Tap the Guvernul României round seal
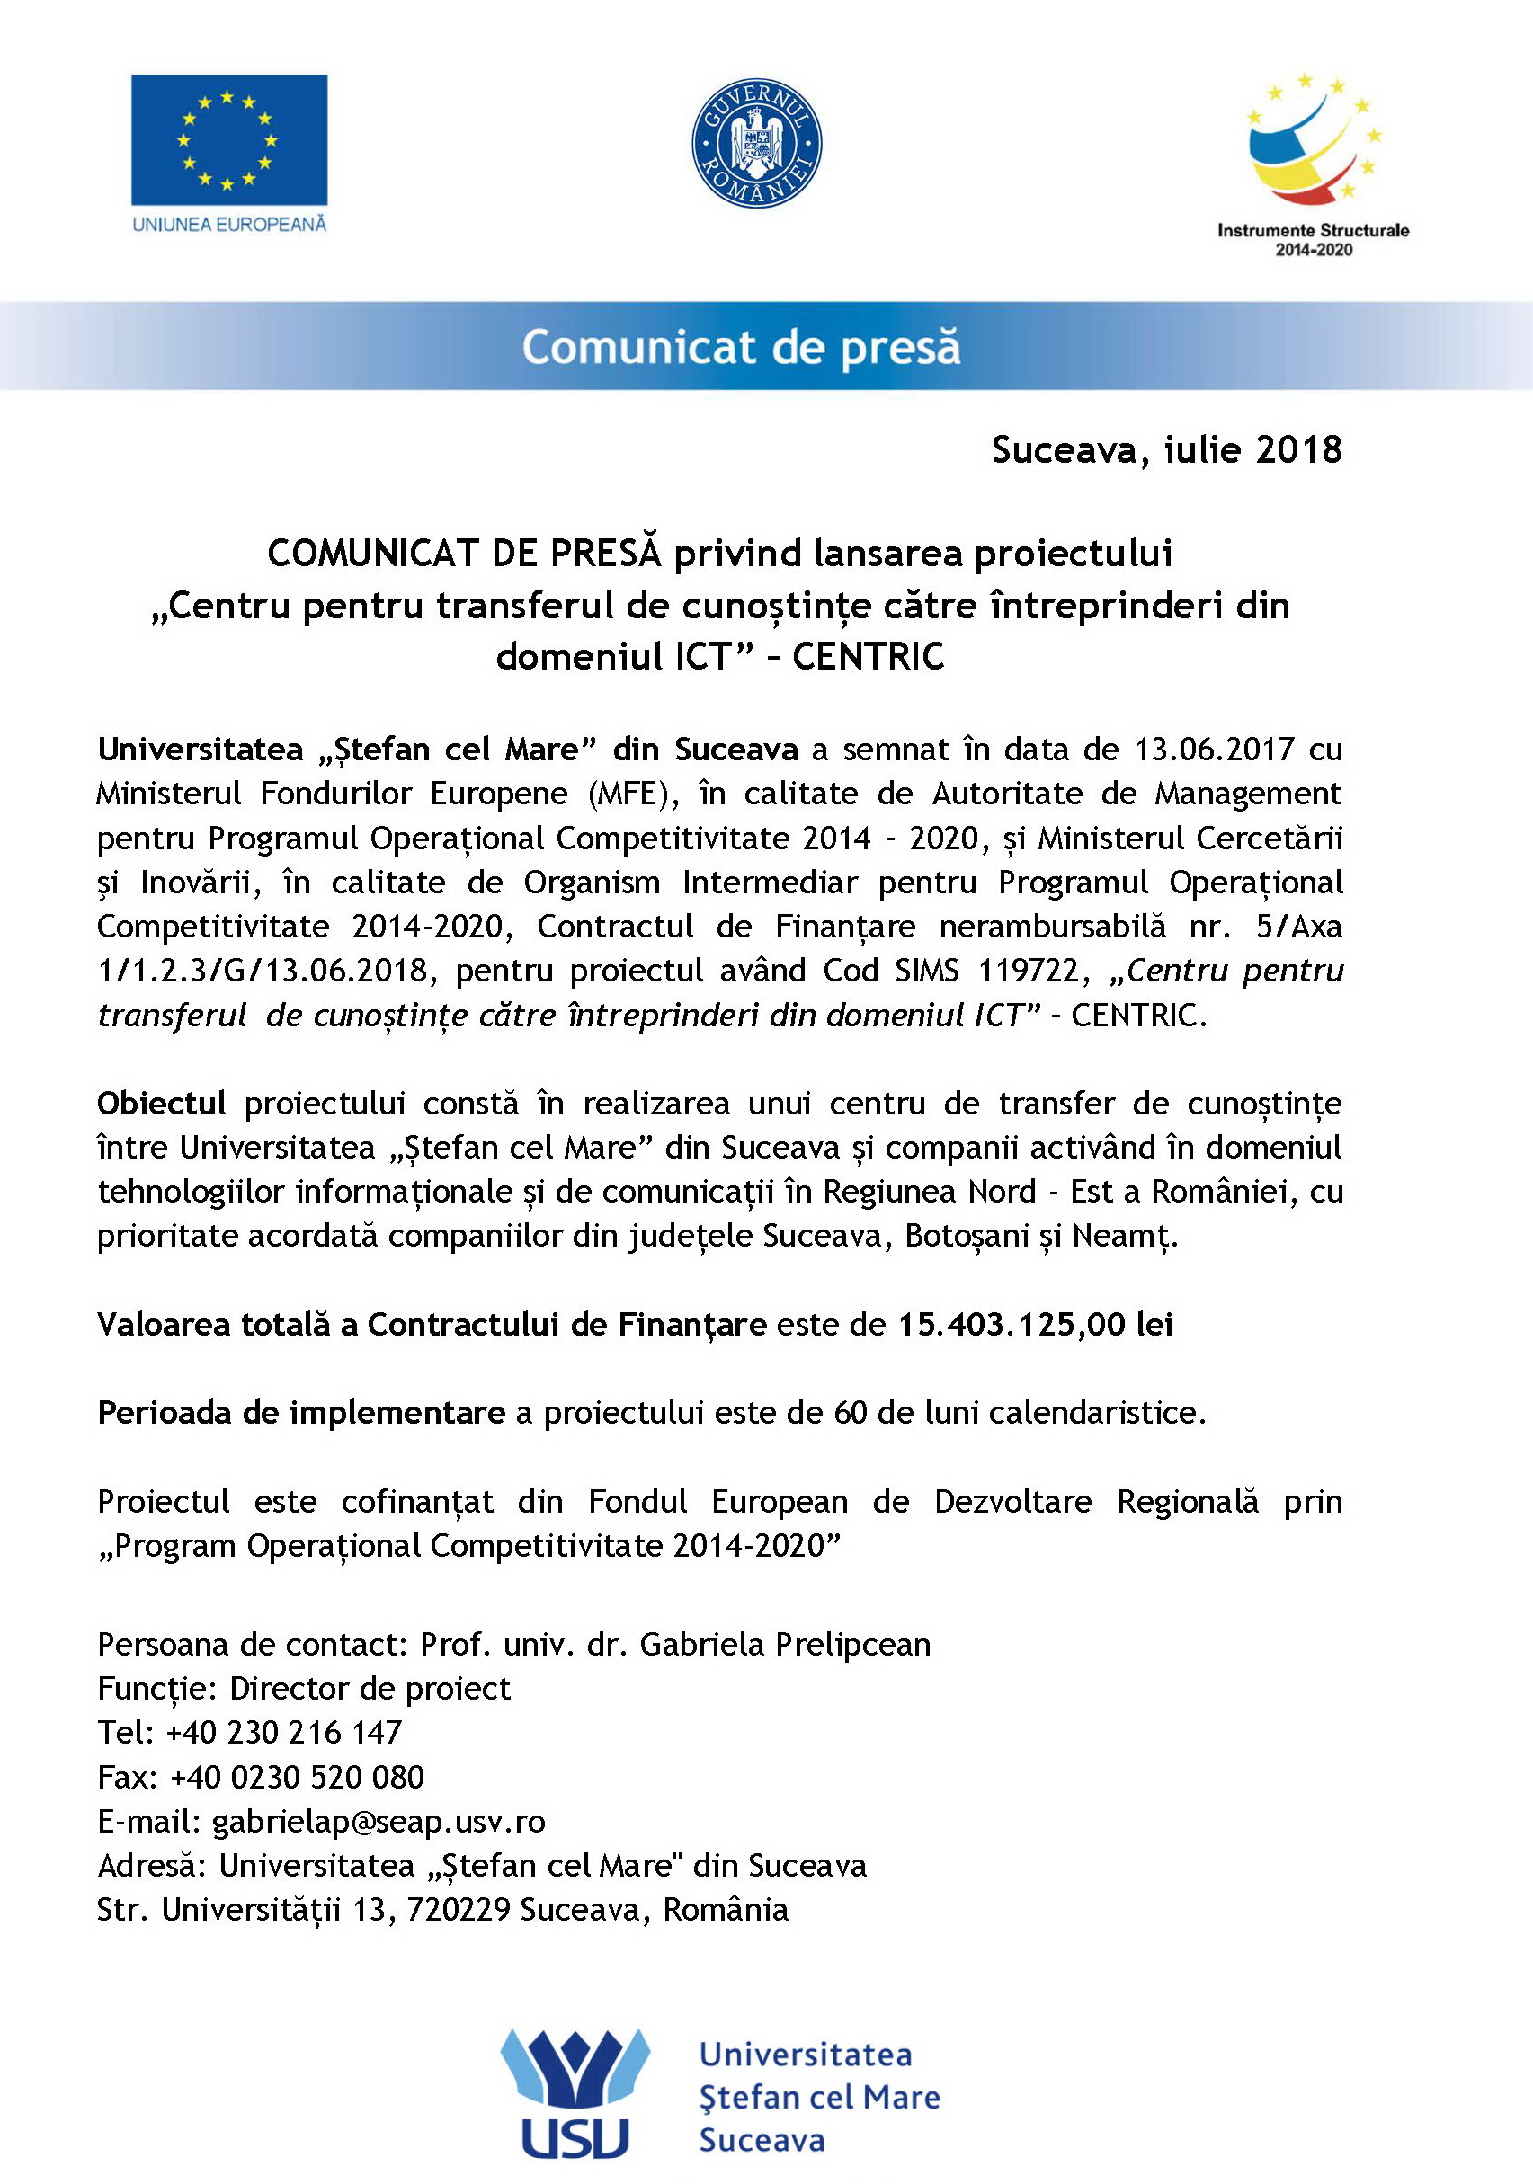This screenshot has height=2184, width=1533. (756, 143)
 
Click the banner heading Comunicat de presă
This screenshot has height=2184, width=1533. (741, 347)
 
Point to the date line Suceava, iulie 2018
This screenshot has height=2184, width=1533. (1167, 450)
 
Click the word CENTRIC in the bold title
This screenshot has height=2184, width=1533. (868, 657)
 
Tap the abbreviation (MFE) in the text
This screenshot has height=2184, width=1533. (631, 794)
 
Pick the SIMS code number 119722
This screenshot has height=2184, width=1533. (1029, 971)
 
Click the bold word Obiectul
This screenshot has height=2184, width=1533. (161, 1104)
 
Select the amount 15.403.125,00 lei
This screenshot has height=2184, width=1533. (1035, 1324)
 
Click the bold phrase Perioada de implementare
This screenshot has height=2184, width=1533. (300, 1413)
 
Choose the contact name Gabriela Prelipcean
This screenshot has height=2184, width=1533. (785, 1644)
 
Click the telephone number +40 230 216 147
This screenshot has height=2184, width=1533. (283, 1732)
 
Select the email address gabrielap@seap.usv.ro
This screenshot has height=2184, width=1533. (379, 1821)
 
